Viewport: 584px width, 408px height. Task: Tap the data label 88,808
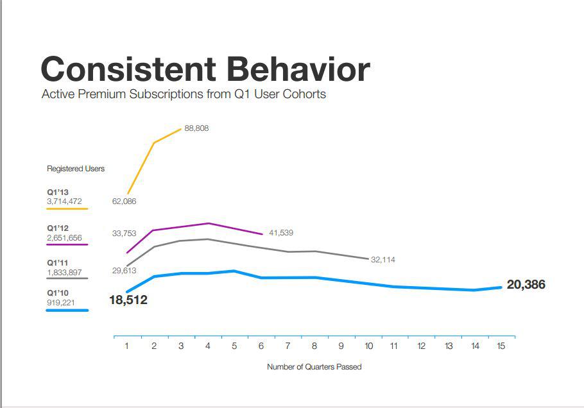(x=196, y=128)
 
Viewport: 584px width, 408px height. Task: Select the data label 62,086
(x=124, y=201)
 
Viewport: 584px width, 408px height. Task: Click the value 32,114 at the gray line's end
(x=383, y=260)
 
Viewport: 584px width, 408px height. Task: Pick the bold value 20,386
(x=526, y=285)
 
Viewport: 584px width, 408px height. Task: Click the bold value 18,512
(x=128, y=300)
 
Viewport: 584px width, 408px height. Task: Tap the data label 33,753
(x=124, y=234)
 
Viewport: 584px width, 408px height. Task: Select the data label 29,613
(x=124, y=271)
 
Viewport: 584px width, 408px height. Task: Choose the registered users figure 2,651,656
(x=64, y=238)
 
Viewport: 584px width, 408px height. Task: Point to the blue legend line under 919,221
(x=67, y=310)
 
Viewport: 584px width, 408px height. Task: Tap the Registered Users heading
(x=76, y=169)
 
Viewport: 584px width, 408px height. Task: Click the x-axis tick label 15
(x=501, y=346)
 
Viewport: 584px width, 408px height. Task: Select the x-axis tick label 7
(x=288, y=346)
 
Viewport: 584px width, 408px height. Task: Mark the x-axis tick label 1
(x=127, y=346)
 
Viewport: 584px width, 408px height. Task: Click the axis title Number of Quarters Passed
(x=314, y=367)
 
